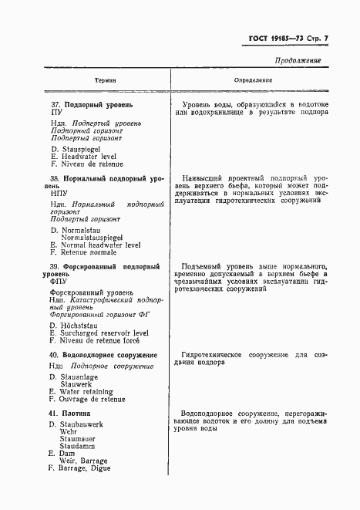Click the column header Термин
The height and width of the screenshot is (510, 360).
(106, 80)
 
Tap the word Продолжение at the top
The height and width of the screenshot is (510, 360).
(298, 60)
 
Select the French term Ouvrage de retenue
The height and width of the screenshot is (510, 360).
(93, 400)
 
